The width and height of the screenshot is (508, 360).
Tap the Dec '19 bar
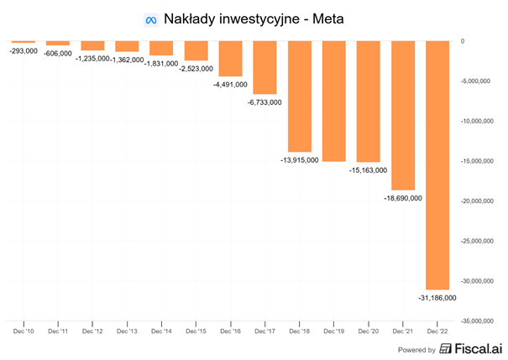tap(334, 101)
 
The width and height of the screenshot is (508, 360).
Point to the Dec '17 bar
tap(264, 67)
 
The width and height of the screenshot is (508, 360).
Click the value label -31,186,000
tap(437, 297)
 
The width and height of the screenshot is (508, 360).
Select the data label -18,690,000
tap(403, 198)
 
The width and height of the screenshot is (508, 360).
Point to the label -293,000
tap(23, 50)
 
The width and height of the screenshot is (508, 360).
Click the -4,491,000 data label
tap(230, 84)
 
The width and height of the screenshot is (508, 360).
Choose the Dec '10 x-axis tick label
tap(24, 332)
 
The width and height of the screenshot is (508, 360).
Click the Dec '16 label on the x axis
tap(231, 332)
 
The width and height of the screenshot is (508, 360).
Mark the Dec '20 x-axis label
tap(369, 332)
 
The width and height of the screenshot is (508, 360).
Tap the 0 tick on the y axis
tap(463, 41)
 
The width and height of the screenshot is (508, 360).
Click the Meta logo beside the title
tap(151, 18)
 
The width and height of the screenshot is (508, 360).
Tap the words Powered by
tap(417, 350)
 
